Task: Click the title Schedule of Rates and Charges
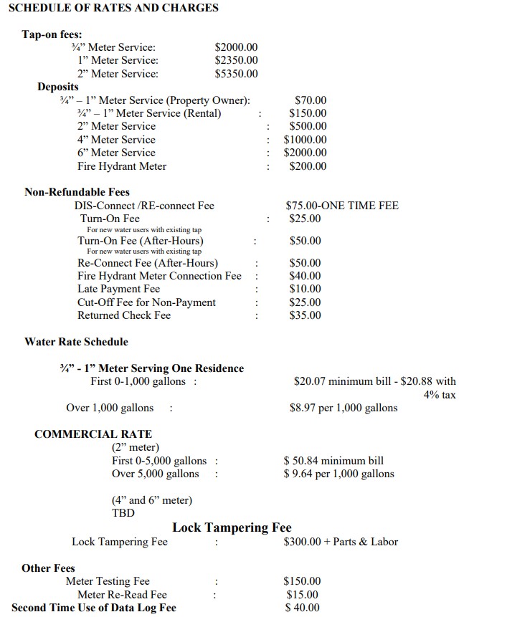113,8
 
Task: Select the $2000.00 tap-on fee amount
236,47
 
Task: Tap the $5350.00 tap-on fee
236,74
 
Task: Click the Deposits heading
58,87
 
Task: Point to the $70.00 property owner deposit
311,100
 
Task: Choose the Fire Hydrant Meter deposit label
122,166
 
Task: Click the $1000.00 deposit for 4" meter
305,140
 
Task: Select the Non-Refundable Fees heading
77,192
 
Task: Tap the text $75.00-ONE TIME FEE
342,206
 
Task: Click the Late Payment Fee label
119,289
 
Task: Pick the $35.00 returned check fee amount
305,315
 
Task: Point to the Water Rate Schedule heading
76,342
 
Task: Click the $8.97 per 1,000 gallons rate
343,408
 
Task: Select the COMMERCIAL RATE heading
93,434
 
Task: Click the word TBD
123,513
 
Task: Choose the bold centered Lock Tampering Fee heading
232,528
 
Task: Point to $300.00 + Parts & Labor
341,542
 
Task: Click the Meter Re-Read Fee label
122,595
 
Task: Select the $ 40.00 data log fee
301,608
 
